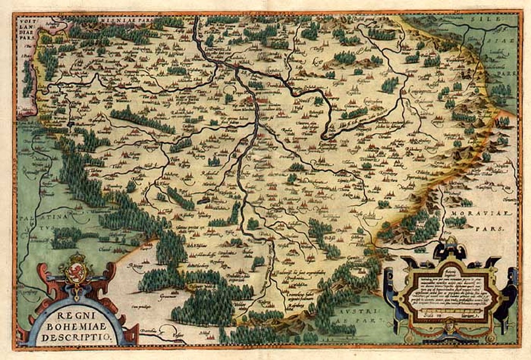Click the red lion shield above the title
(76, 273)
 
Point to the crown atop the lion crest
(76, 258)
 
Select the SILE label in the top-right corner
(493, 19)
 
